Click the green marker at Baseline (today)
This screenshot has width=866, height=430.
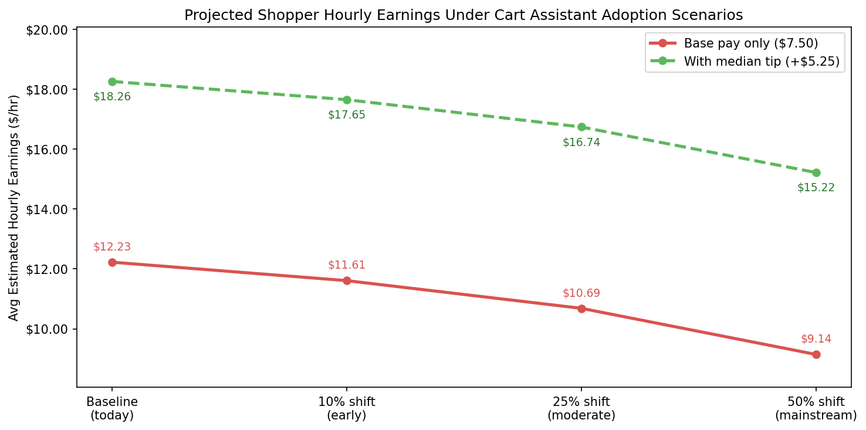point(112,82)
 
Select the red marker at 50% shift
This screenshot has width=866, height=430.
point(816,354)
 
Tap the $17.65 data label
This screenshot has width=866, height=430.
point(346,115)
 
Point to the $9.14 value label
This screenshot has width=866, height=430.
point(816,339)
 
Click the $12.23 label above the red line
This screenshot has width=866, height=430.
point(112,247)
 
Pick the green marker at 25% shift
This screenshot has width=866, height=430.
point(581,127)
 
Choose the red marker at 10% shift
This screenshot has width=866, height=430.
point(347,280)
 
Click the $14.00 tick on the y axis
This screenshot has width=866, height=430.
point(49,209)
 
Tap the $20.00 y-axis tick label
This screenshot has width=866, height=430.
point(49,30)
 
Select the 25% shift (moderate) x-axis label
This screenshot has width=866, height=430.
point(581,409)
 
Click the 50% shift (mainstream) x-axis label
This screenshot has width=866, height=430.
point(816,409)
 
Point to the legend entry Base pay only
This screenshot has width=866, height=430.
point(750,43)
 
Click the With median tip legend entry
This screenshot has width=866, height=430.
point(761,61)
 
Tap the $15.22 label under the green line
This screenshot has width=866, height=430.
point(816,188)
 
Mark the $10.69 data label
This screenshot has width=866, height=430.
point(581,293)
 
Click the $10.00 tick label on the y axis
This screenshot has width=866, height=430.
point(49,329)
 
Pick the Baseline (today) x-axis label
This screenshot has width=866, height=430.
point(112,409)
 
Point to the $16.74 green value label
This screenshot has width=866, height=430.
point(581,143)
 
